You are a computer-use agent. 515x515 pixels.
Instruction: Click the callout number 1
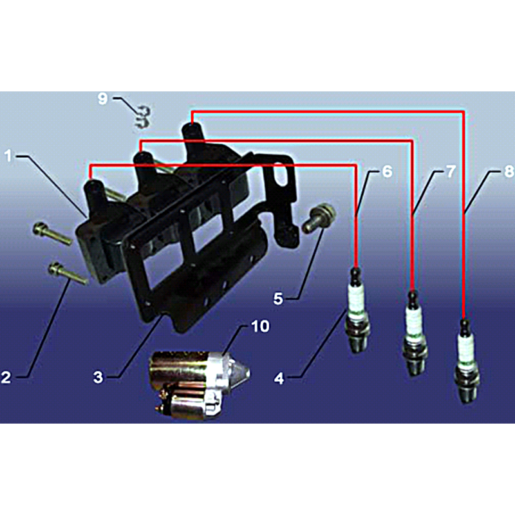(8, 156)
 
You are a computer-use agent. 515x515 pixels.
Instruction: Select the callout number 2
(6, 377)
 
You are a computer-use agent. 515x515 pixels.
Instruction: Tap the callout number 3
(98, 377)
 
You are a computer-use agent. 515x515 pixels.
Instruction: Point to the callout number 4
(279, 379)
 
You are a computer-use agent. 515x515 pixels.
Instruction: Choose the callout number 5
(278, 299)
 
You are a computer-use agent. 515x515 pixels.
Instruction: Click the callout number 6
(388, 171)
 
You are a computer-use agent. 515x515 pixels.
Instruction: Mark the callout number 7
(451, 171)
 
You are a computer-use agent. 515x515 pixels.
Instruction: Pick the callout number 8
(509, 171)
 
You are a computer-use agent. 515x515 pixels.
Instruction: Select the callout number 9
(103, 98)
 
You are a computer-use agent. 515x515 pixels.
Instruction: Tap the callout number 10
(260, 326)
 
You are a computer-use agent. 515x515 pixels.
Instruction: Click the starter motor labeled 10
(198, 384)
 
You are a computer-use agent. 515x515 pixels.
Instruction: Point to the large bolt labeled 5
(318, 218)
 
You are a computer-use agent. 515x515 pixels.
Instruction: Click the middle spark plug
(415, 333)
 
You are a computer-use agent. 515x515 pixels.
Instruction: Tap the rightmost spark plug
(467, 360)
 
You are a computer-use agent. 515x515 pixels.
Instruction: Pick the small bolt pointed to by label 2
(68, 273)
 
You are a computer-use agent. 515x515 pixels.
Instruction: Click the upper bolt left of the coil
(52, 234)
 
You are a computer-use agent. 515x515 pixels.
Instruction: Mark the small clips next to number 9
(143, 117)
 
